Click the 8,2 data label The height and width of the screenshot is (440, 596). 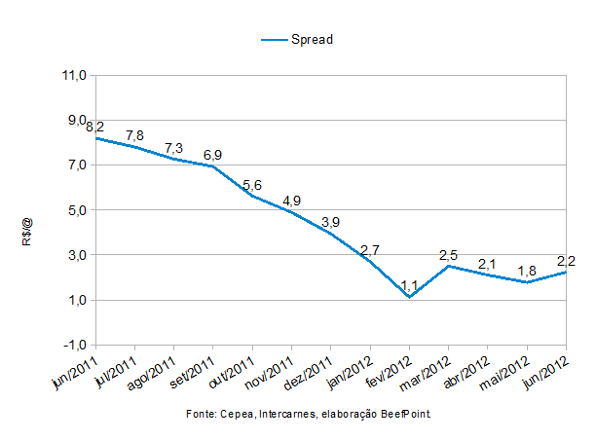pyautogui.click(x=95, y=127)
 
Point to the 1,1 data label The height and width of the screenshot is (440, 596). pyautogui.click(x=409, y=285)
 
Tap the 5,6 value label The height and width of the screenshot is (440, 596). pyautogui.click(x=252, y=185)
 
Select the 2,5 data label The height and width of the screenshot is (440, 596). pyautogui.click(x=448, y=254)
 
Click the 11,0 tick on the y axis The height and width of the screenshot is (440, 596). pyautogui.click(x=75, y=75)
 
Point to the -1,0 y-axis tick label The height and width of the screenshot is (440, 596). pyautogui.click(x=75, y=345)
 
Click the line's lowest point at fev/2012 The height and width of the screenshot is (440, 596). pyautogui.click(x=409, y=298)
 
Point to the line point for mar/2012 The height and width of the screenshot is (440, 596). pyautogui.click(x=448, y=266)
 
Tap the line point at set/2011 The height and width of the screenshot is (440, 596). pyautogui.click(x=213, y=166)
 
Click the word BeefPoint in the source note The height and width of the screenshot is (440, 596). pyautogui.click(x=405, y=415)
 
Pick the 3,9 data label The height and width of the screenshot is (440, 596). pyautogui.click(x=331, y=223)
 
